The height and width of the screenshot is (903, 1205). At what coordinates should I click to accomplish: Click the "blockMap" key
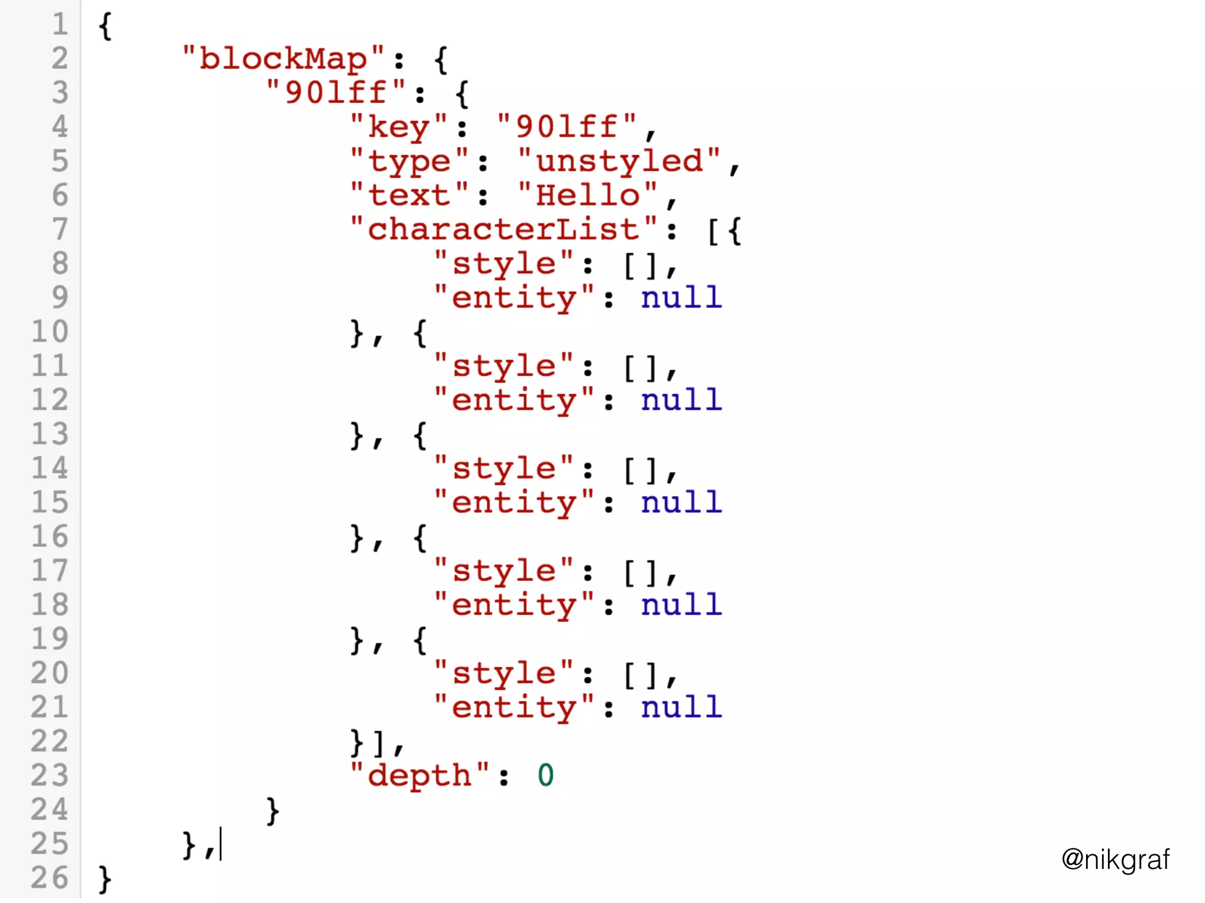[283, 59]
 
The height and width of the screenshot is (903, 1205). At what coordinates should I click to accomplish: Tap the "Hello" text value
[588, 195]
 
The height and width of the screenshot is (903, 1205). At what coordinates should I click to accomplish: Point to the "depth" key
[419, 775]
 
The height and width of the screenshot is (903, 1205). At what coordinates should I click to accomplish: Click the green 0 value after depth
[545, 775]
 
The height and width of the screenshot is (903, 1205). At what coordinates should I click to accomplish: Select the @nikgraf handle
[1115, 859]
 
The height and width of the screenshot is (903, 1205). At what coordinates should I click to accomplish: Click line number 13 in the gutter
[50, 434]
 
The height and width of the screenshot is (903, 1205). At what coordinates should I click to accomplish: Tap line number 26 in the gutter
[50, 878]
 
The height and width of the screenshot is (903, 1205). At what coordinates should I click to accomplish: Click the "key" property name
[398, 127]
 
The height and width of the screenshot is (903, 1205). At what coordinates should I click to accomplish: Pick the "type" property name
[409, 161]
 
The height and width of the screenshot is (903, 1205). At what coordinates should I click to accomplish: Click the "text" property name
[409, 195]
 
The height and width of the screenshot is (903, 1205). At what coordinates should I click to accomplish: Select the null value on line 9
[681, 297]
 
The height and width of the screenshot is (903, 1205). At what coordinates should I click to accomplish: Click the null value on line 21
[681, 707]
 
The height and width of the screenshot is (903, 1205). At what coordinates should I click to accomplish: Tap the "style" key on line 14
[504, 469]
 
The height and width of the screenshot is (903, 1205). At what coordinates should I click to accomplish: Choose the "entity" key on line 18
[514, 605]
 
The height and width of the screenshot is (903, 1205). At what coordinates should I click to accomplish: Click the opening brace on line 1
[105, 26]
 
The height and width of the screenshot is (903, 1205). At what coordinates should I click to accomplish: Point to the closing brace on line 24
[272, 811]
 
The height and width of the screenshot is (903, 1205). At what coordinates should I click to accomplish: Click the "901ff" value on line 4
[567, 127]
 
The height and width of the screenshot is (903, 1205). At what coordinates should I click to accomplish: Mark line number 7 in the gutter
[59, 229]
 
